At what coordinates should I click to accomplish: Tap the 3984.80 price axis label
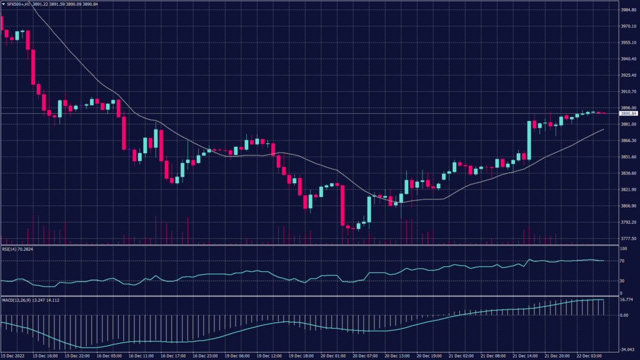[627, 10]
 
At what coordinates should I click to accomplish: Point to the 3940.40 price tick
[627, 59]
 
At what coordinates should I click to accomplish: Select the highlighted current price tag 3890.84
[628, 114]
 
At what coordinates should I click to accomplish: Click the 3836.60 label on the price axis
[627, 174]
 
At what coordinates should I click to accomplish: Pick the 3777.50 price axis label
[627, 239]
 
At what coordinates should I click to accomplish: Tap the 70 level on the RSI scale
[622, 261]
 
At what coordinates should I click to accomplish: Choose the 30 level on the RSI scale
[622, 281]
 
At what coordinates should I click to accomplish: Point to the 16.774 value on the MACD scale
[626, 300]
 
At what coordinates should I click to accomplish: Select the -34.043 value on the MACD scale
[626, 350]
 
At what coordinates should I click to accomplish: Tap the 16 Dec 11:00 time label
[141, 356]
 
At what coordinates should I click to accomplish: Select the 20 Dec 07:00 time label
[366, 356]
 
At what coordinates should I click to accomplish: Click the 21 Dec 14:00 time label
[526, 356]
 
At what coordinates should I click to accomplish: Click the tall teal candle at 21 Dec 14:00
[529, 140]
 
